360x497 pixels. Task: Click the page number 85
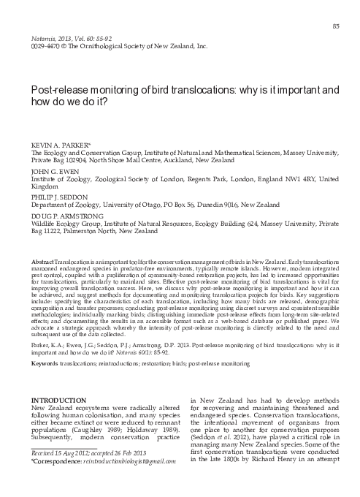(x=336, y=26)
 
